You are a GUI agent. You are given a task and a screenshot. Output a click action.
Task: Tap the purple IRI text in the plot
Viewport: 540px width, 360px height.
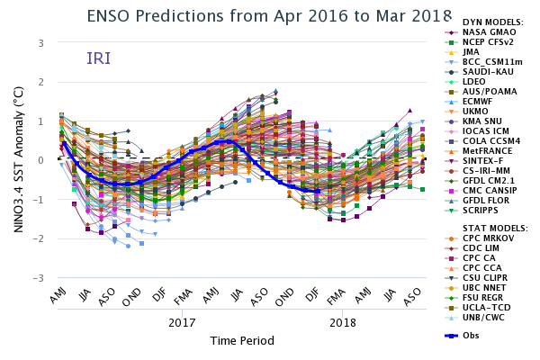pyautogui.click(x=98, y=58)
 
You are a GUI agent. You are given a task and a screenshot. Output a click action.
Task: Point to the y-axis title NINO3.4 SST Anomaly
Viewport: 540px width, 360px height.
pyautogui.click(x=19, y=159)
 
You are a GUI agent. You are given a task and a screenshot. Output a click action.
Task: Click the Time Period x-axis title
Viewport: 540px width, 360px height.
pyautogui.click(x=242, y=341)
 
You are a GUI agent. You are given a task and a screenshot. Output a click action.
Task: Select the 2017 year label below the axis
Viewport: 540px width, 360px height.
pyautogui.click(x=182, y=321)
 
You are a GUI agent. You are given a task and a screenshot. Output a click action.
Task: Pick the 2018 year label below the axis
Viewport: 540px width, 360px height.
pyautogui.click(x=342, y=321)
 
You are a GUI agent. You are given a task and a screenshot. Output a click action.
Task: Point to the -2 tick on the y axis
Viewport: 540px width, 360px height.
pyautogui.click(x=40, y=239)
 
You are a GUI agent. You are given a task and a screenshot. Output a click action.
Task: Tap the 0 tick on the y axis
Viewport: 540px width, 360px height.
pyautogui.click(x=41, y=160)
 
